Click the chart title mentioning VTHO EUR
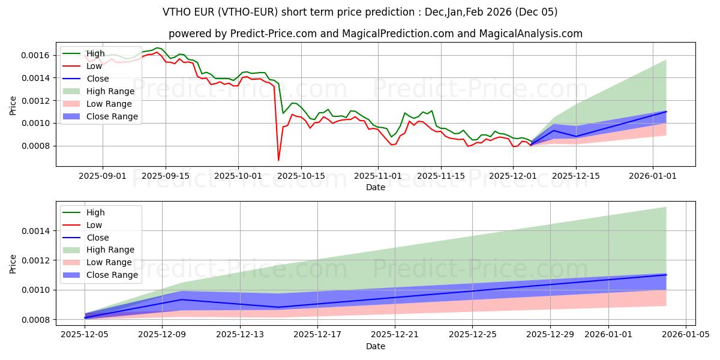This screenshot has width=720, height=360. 360,12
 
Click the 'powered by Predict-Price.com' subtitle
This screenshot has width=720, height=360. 360,34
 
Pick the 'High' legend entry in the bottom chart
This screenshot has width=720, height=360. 95,212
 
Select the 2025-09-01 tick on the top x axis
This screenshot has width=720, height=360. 103,176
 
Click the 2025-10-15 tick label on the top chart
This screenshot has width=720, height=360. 302,176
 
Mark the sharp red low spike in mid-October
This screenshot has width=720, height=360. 278,160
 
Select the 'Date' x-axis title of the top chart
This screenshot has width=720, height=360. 376,187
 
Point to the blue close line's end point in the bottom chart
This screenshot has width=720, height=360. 666,275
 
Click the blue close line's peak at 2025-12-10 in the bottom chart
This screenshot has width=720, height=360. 181,299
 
